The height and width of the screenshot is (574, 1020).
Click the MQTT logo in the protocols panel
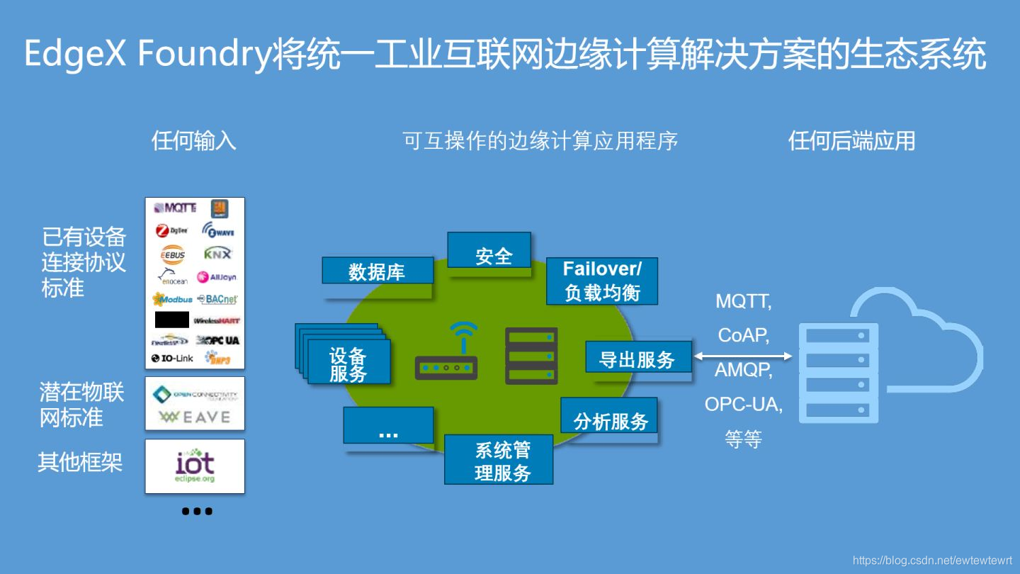click(x=174, y=208)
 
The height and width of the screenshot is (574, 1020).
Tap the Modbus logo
click(x=172, y=300)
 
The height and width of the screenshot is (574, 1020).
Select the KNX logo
click(x=217, y=254)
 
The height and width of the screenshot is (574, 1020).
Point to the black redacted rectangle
click(x=172, y=320)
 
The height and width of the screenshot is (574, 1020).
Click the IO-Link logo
click(x=172, y=359)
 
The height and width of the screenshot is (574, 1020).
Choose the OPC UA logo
click(x=218, y=340)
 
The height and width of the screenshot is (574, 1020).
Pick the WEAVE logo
click(x=195, y=417)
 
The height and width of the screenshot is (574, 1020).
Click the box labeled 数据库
click(x=377, y=271)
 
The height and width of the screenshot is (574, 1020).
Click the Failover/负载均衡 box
click(x=602, y=281)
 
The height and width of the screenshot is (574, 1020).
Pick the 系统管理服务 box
click(x=499, y=460)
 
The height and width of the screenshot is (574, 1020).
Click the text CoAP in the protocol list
click(x=743, y=335)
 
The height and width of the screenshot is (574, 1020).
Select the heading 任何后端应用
click(x=851, y=141)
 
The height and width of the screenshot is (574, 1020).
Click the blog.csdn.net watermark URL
click(x=932, y=560)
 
